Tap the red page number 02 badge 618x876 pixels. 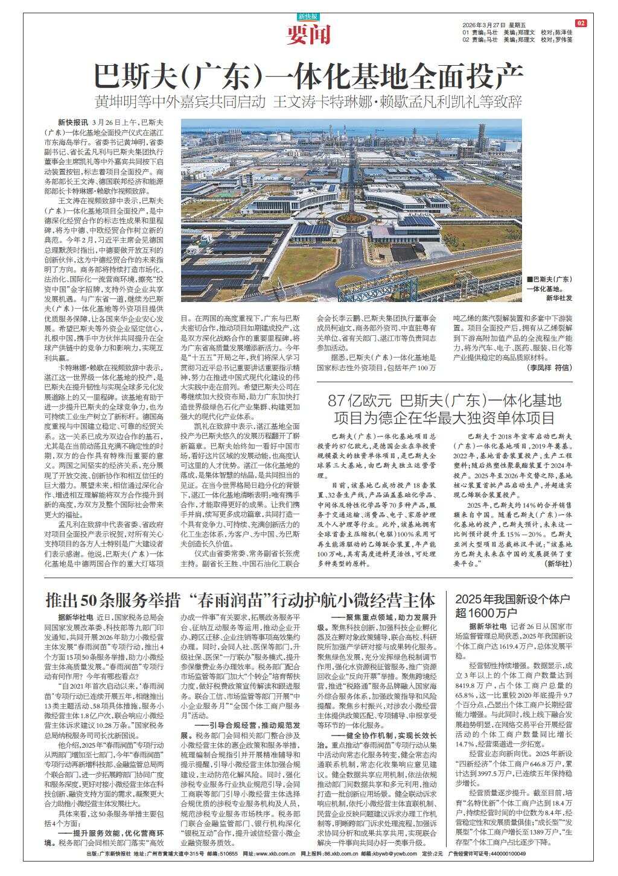point(581,24)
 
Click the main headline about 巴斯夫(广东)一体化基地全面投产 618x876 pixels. point(308,76)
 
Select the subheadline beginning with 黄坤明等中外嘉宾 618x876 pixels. point(308,101)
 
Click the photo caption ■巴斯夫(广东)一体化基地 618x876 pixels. point(549,284)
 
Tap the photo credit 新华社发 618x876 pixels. point(558,298)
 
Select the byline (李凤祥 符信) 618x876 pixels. point(549,367)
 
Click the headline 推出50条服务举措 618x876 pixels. point(240,584)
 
